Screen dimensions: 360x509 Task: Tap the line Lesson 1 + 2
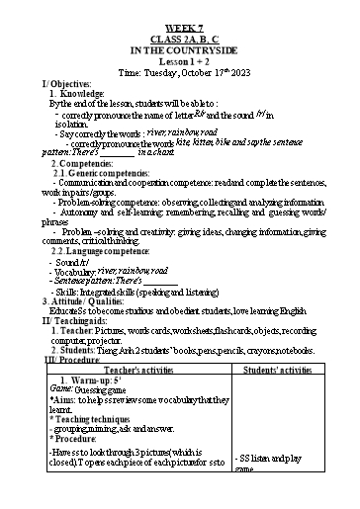(x=179, y=61)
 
